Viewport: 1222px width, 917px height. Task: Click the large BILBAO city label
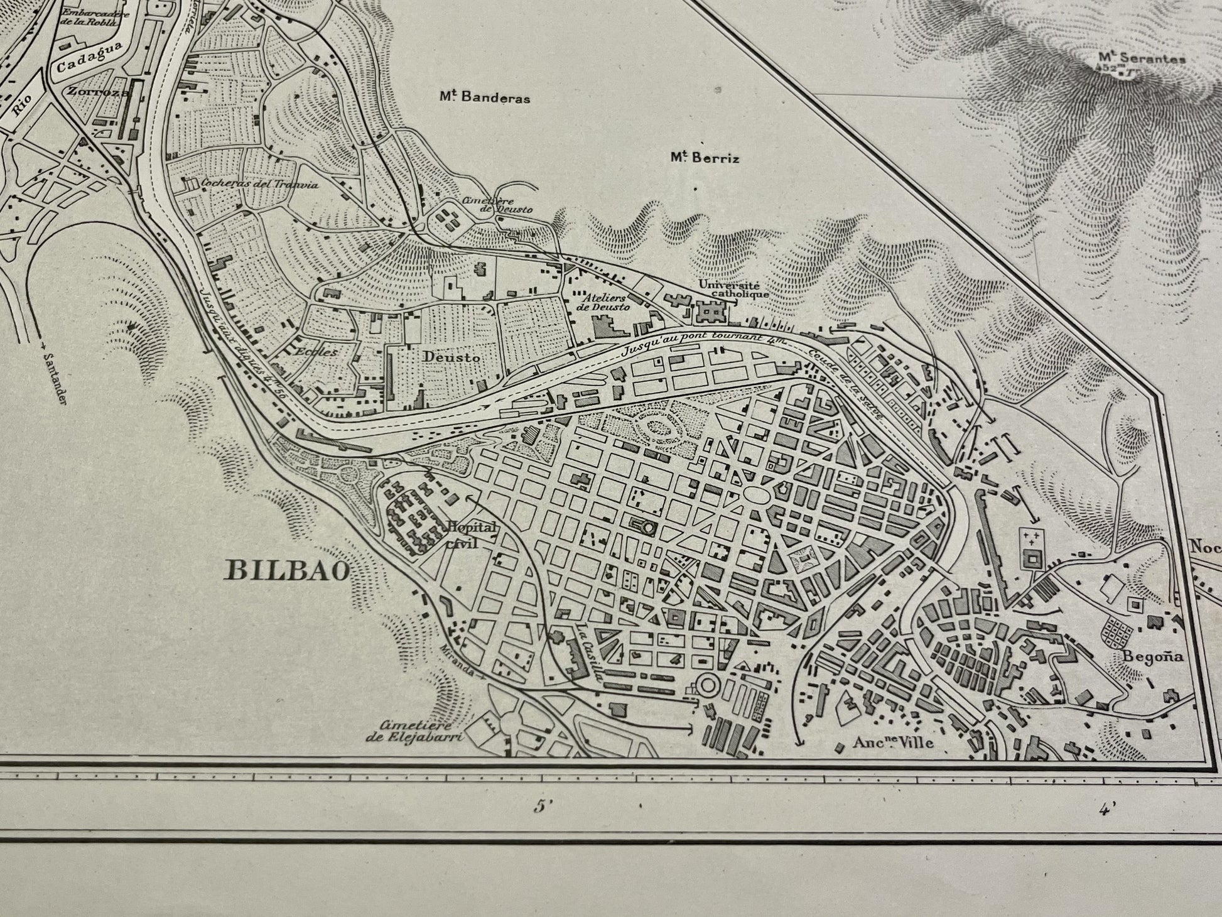click(x=288, y=570)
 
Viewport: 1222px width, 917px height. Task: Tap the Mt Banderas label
click(x=484, y=98)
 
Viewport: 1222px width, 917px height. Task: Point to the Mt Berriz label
click(x=704, y=158)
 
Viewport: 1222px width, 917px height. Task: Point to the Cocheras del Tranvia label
click(x=259, y=184)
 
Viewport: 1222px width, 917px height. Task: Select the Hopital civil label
click(x=469, y=534)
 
